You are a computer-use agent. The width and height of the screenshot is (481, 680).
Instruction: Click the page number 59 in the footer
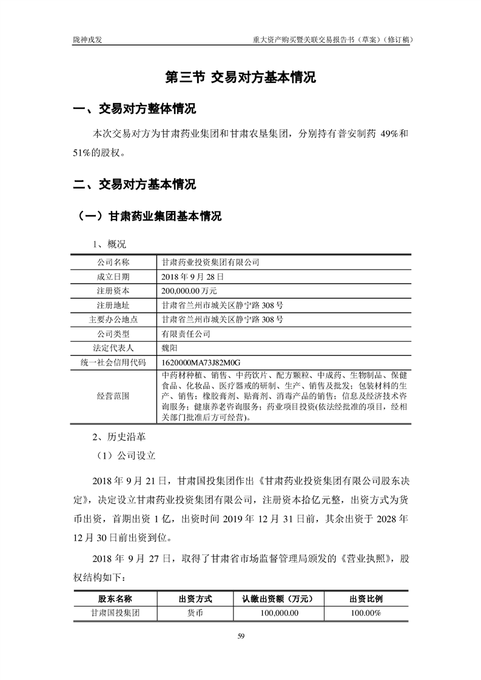tap(241, 636)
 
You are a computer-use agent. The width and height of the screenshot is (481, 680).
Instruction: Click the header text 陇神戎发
tap(87, 40)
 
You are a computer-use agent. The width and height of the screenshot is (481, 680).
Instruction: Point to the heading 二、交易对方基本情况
tap(134, 184)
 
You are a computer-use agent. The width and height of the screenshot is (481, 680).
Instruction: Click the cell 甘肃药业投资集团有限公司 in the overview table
tap(210, 262)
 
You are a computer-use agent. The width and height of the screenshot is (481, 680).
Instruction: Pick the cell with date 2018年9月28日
tap(193, 276)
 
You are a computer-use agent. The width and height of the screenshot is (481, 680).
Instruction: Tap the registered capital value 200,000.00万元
tap(194, 290)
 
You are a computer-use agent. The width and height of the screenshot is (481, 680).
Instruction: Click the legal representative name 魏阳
tap(170, 347)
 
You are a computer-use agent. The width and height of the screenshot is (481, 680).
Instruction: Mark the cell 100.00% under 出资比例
tap(366, 613)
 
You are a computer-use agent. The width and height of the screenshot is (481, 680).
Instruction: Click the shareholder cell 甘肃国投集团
tap(115, 613)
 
